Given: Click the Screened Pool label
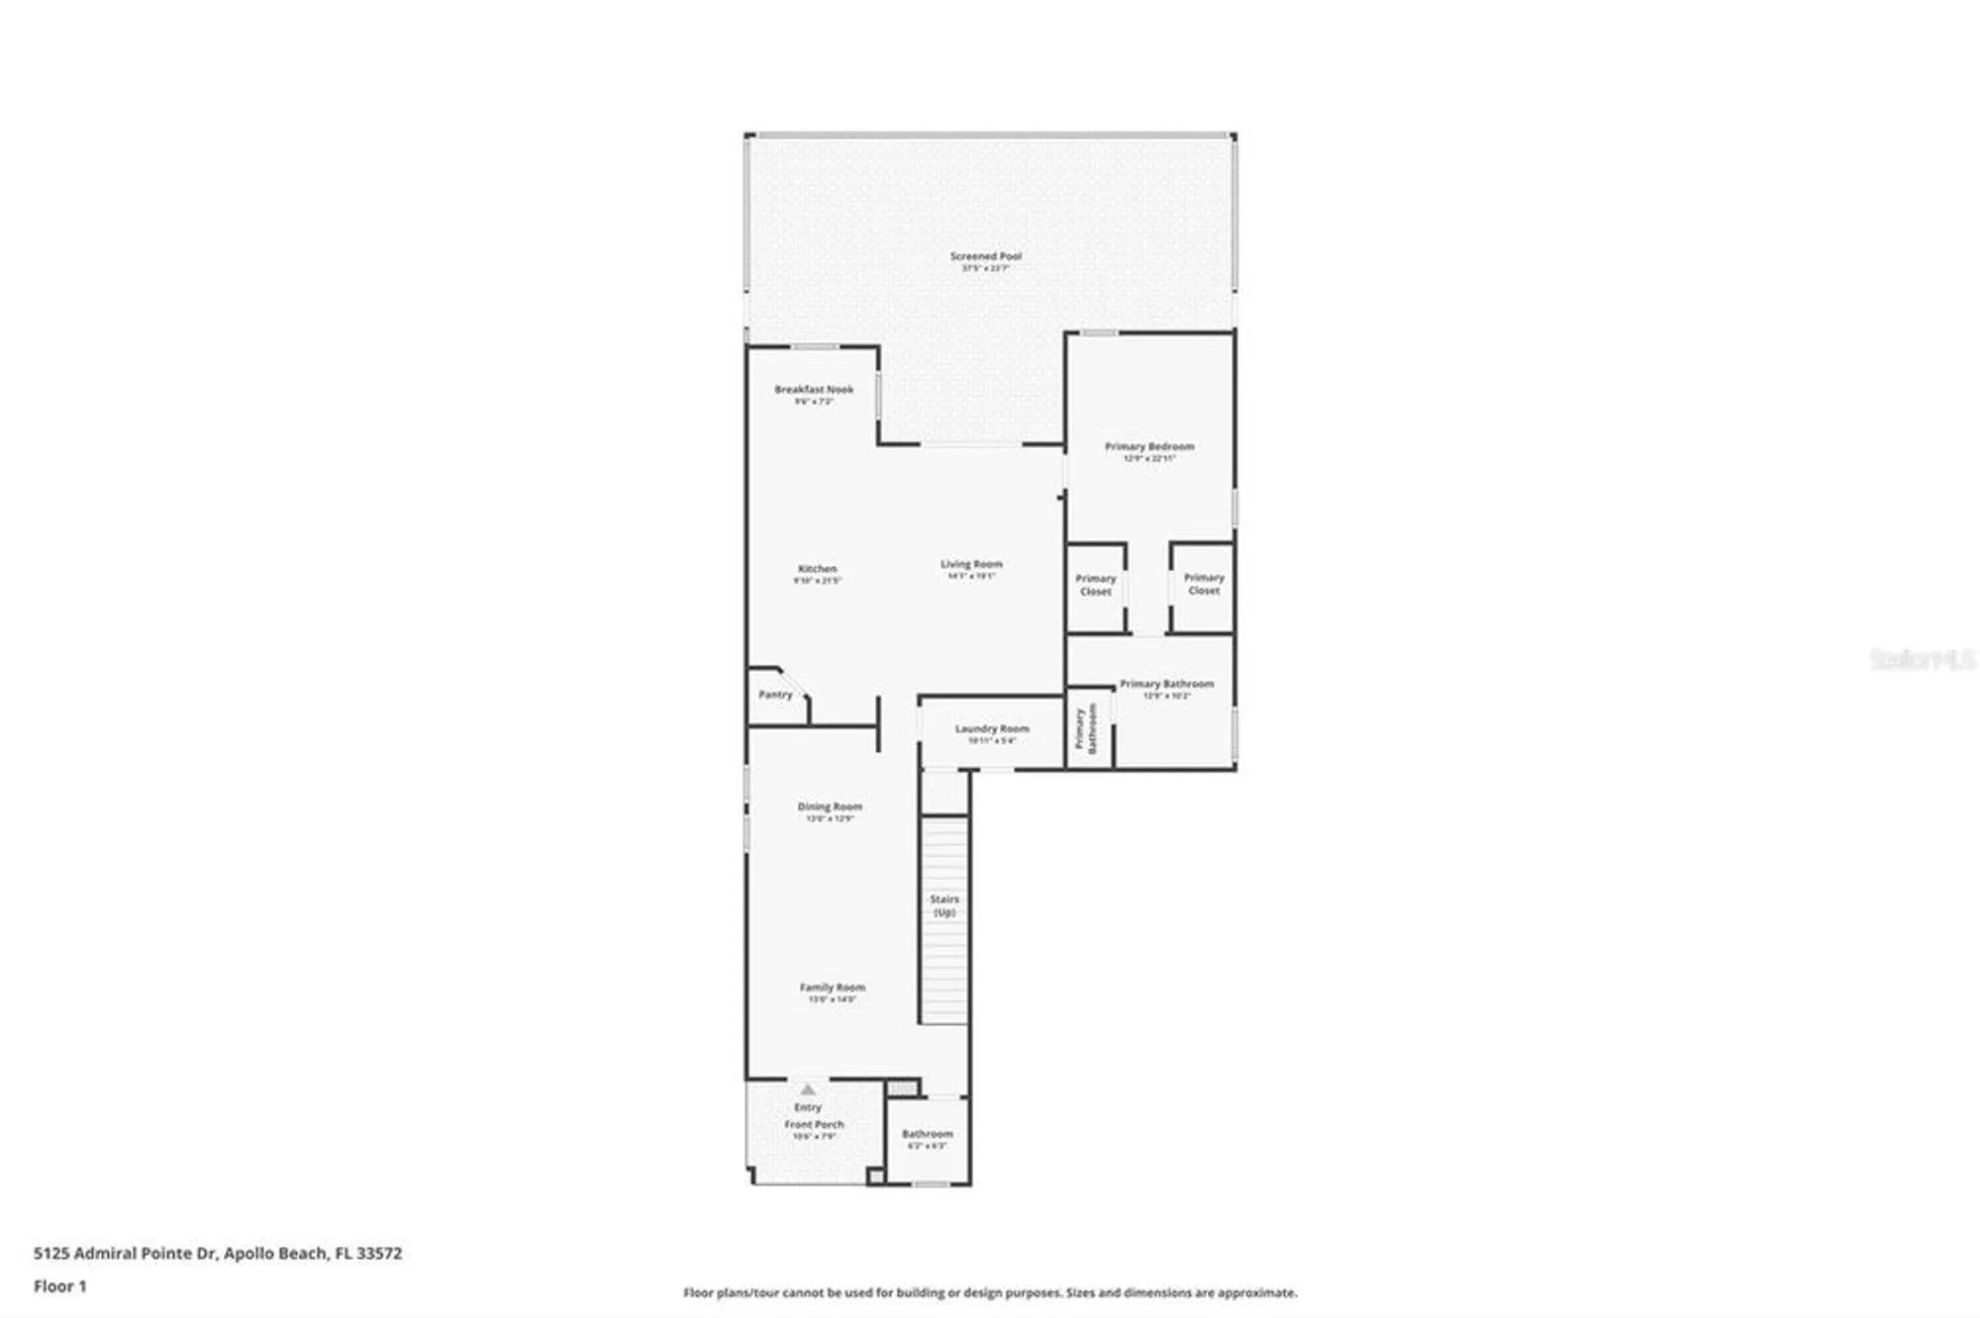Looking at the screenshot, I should pyautogui.click(x=985, y=257).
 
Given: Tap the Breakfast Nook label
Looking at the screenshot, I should pyautogui.click(x=814, y=391).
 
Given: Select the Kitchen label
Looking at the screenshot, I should pyautogui.click(x=818, y=570).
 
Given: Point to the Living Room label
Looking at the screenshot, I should pyautogui.click(x=971, y=565).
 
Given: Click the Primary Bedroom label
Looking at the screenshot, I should pyautogui.click(x=1149, y=447).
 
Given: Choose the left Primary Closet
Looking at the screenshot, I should pyautogui.click(x=1096, y=585).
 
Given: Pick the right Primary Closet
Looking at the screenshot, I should pyautogui.click(x=1204, y=584).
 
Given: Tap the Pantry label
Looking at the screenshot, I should pyautogui.click(x=775, y=695).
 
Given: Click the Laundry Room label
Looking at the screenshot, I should pyautogui.click(x=992, y=729).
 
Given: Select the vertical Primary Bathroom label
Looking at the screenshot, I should pyautogui.click(x=1086, y=729).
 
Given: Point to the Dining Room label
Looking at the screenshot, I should pyautogui.click(x=830, y=807).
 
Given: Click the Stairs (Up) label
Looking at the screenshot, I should pyautogui.click(x=944, y=905).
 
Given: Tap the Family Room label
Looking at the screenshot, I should pyautogui.click(x=833, y=988).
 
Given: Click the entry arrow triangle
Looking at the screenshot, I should pyautogui.click(x=808, y=1089).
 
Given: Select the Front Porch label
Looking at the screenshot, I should pyautogui.click(x=814, y=1125).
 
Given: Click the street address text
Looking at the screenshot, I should pyautogui.click(x=218, y=1253).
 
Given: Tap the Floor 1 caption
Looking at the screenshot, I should pyautogui.click(x=60, y=1286).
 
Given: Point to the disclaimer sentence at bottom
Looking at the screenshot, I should pyautogui.click(x=990, y=1292).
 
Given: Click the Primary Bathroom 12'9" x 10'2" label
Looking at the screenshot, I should pyautogui.click(x=1166, y=685).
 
